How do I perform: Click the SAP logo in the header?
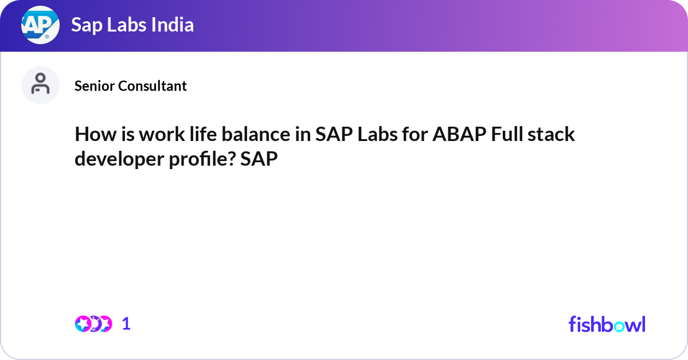[40, 25]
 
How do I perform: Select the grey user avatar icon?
[40, 85]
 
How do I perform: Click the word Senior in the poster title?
[95, 86]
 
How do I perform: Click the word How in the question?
[91, 135]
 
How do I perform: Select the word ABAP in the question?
[454, 135]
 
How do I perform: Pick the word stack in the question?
[553, 135]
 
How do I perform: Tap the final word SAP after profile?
[259, 159]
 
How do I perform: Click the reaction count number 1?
[127, 324]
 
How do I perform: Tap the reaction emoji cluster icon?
[93, 324]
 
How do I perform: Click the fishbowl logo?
[607, 324]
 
